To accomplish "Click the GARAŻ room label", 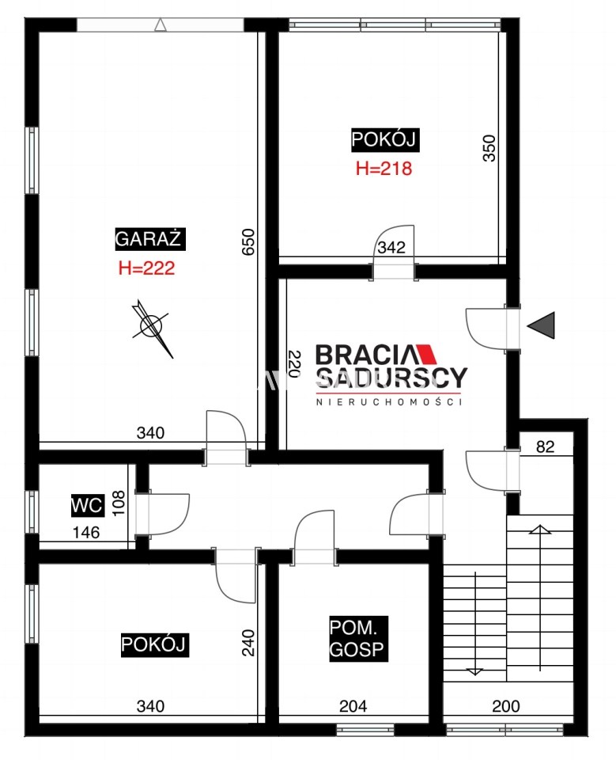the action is (x=150, y=238).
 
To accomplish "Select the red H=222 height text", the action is (x=147, y=268).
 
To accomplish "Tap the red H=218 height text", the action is (x=384, y=168).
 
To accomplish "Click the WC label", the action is (x=87, y=506).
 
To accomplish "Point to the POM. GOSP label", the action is (x=358, y=639).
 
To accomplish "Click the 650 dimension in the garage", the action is (x=248, y=242).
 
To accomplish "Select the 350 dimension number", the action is (x=489, y=148).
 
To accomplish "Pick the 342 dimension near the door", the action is (x=391, y=247).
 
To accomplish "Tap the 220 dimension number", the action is (x=294, y=364).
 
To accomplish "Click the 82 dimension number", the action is (x=546, y=446).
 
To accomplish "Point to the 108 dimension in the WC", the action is (x=119, y=503).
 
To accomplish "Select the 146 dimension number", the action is (x=86, y=533).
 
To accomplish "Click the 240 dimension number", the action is (x=248, y=643).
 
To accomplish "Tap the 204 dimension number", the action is (x=353, y=706).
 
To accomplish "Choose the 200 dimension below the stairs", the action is (x=506, y=706).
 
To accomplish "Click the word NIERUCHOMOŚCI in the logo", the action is (x=389, y=402).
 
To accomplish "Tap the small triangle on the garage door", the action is (x=161, y=25).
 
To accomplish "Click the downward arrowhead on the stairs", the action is (x=474, y=671).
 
